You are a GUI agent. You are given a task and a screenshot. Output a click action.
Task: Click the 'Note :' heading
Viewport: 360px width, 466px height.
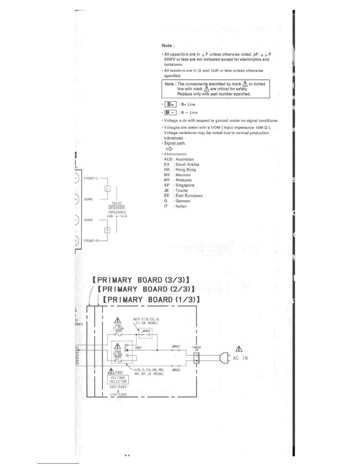pos(168,46)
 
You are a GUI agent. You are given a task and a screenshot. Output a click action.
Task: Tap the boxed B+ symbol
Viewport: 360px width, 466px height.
pos(171,104)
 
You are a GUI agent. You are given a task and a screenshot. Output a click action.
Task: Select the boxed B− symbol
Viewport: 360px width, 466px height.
pos(171,112)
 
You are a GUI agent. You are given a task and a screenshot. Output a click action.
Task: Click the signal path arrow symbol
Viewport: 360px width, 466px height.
pos(169,149)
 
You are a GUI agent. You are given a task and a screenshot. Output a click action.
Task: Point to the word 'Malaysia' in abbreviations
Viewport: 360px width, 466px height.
pos(183,180)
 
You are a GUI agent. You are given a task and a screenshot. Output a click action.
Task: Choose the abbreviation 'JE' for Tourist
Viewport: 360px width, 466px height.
pos(166,190)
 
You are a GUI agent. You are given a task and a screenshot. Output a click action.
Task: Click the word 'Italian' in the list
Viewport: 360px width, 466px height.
pos(181,206)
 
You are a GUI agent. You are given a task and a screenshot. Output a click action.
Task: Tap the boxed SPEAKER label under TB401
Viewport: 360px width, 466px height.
pos(117,207)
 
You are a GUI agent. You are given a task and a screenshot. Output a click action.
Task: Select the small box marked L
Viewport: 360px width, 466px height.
pos(108,189)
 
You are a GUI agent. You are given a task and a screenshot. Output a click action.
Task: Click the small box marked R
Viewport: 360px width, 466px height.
pos(108,230)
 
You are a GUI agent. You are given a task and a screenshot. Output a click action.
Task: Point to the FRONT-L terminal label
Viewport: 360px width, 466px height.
pos(91,178)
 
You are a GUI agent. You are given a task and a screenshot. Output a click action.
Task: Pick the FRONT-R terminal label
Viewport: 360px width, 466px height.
pos(91,241)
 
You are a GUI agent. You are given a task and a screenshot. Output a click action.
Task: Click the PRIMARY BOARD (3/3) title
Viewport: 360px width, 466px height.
pos(141,280)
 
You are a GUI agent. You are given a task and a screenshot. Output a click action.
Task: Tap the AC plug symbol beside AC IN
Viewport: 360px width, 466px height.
pos(225,358)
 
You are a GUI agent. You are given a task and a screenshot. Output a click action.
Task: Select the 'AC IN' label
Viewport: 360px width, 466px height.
pos(240,358)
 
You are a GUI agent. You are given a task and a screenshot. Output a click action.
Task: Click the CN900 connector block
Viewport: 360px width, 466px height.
pos(197,358)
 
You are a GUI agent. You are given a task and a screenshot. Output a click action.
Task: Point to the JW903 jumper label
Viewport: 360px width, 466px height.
pos(146,331)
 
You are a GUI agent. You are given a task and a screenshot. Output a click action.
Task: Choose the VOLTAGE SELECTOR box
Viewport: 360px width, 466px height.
pos(118,380)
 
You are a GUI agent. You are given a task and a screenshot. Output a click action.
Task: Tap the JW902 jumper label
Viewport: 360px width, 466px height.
pos(176,370)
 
